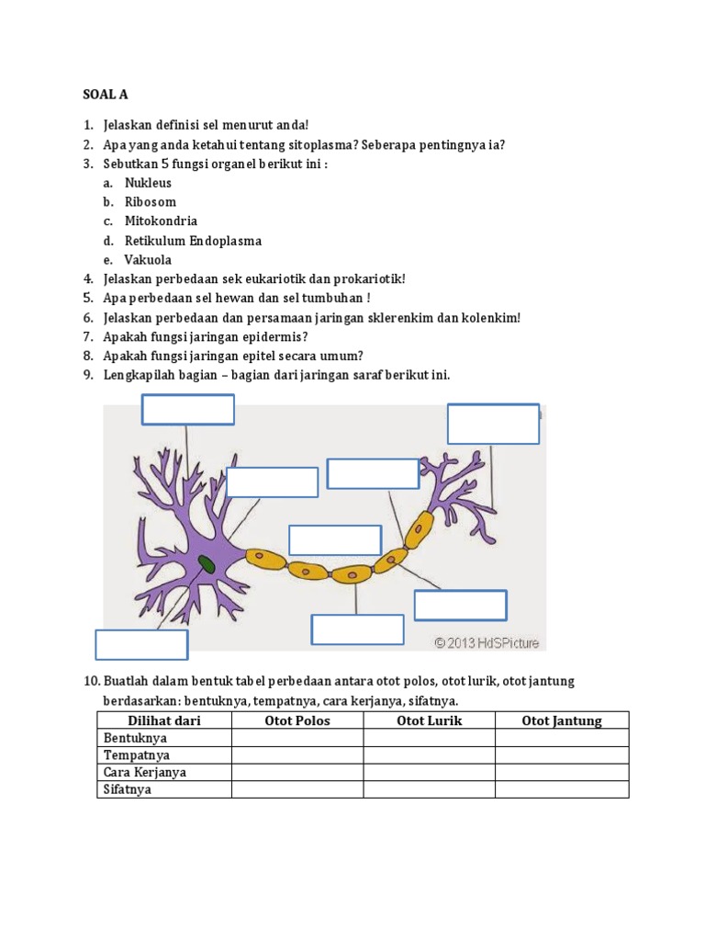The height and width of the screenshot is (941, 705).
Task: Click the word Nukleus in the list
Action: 148,183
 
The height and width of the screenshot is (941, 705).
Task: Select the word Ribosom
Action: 150,202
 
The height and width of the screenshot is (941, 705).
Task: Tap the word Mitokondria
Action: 161,221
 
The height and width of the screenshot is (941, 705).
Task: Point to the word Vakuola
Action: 148,260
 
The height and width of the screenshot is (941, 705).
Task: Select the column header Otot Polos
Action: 297,720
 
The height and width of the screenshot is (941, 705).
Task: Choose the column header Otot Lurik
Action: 429,720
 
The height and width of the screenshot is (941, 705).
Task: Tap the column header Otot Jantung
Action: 562,720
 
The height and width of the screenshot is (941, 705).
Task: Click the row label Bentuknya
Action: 135,738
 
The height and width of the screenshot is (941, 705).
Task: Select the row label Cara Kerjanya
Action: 145,773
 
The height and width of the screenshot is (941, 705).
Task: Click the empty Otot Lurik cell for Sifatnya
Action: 429,790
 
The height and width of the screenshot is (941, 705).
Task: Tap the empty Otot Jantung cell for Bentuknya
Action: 562,738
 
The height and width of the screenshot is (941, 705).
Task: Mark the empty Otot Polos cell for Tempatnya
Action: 297,755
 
